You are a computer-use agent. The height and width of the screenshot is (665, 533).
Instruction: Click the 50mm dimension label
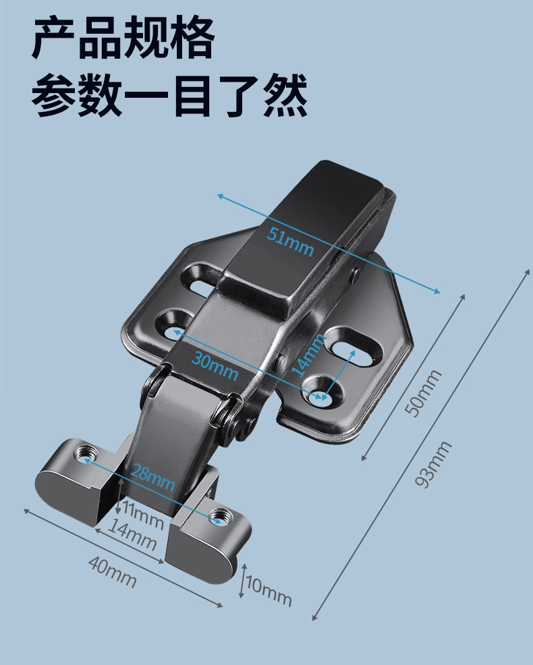[427, 393]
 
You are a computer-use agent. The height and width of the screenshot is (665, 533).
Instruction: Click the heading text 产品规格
[124, 39]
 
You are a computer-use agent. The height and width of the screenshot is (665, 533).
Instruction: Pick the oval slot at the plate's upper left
[201, 279]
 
